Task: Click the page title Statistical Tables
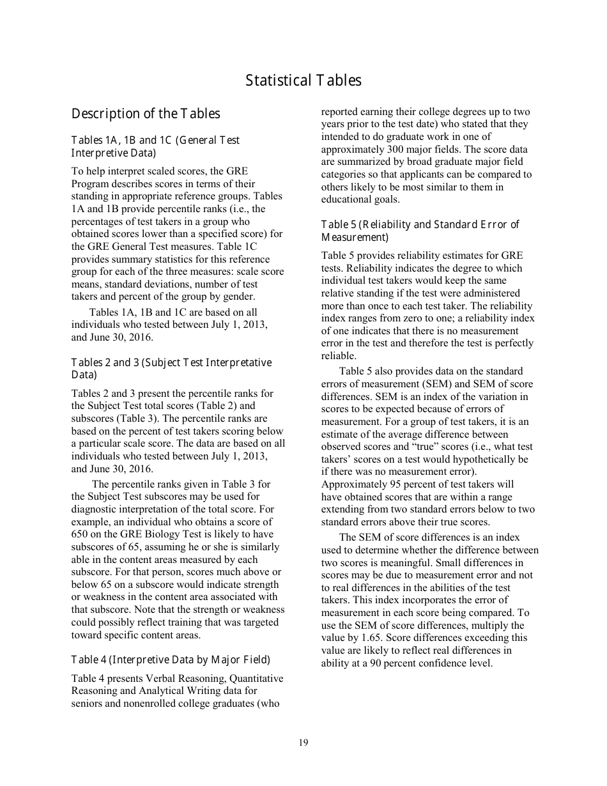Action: [303, 81]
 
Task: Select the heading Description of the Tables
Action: [146, 114]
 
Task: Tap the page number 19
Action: [303, 742]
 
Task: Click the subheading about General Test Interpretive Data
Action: [155, 146]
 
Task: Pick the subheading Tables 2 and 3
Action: [171, 369]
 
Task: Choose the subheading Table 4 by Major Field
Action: [171, 659]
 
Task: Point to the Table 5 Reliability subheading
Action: [420, 231]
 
